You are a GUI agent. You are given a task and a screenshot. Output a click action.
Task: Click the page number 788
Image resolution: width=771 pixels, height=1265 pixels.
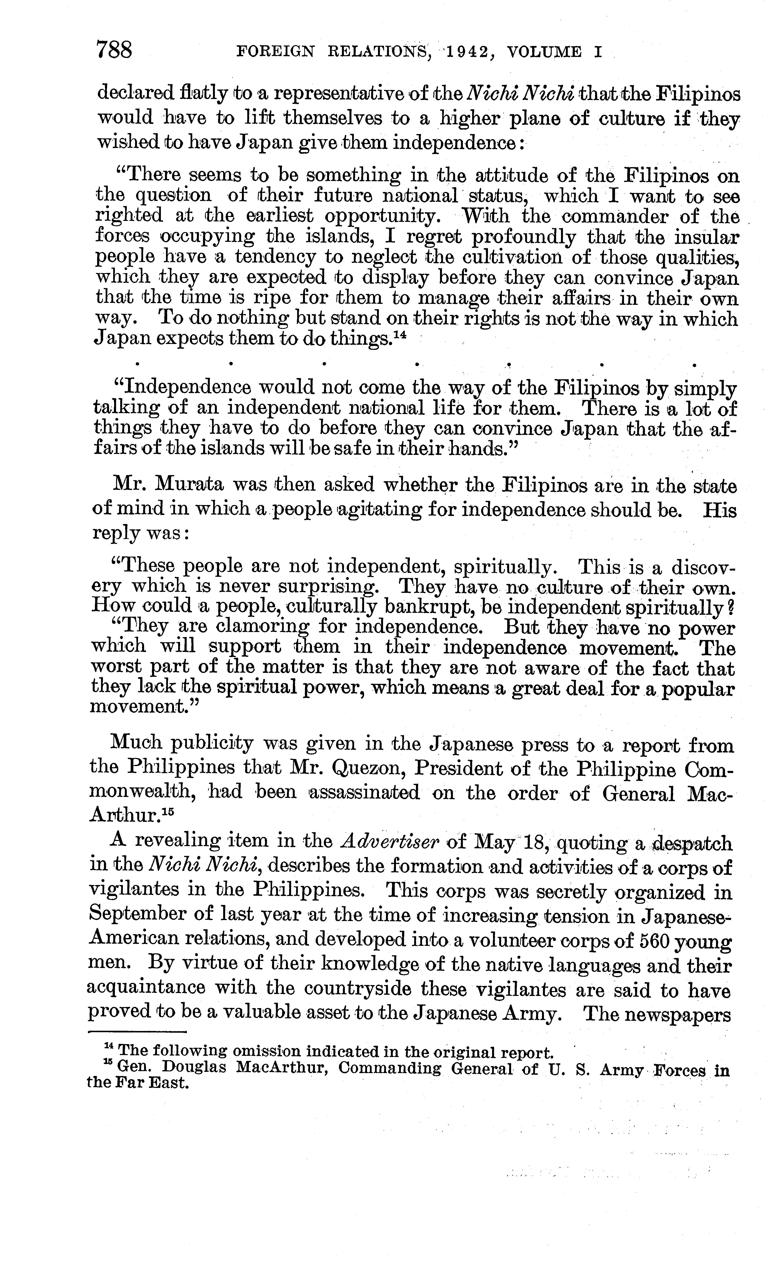pyautogui.click(x=114, y=51)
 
